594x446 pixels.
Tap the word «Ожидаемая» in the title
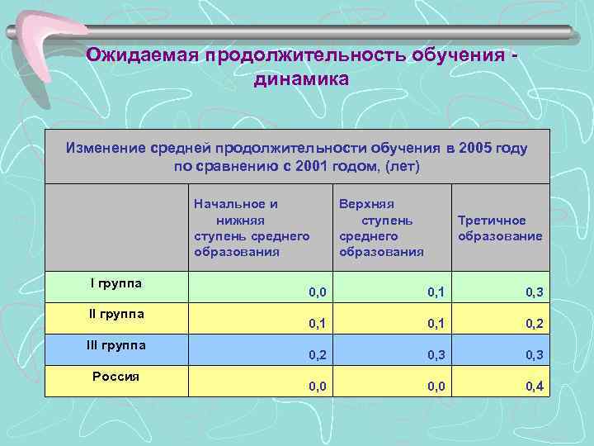[145, 55]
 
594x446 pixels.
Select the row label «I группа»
[115, 283]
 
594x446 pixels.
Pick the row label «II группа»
[115, 314]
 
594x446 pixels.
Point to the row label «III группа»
[115, 345]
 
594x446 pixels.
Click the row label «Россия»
[115, 376]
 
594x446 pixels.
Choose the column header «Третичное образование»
[500, 228]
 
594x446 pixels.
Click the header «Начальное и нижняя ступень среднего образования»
[252, 228]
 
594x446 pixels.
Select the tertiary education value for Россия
[534, 387]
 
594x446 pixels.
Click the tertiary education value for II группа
[534, 323]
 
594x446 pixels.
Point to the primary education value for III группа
[317, 355]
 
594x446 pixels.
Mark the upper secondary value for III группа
[436, 355]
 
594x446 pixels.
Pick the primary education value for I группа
[317, 292]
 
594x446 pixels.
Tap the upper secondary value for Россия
[436, 387]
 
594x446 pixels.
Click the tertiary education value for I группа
[534, 292]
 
